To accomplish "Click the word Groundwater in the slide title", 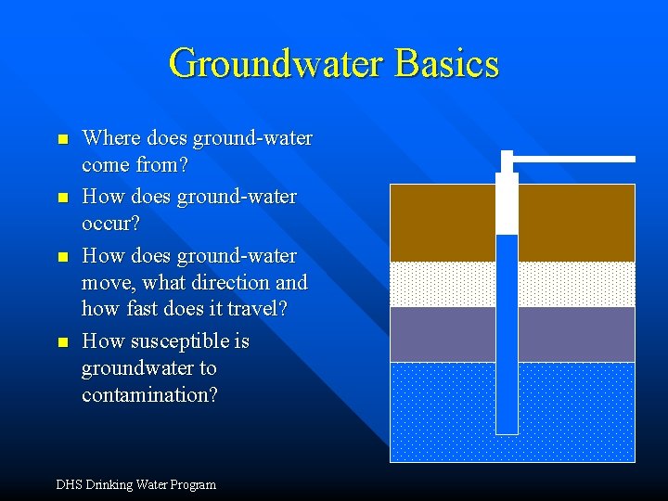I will [277, 63].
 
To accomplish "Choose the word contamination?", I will [149, 394].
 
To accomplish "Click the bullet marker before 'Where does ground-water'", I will [62, 140].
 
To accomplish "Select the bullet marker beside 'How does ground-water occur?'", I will [62, 199].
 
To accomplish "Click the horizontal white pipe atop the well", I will [575, 160].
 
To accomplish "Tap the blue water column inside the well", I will [507, 334].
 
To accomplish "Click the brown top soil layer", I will [575, 223].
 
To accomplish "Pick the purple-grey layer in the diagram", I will [575, 334].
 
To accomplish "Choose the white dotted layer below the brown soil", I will [575, 284].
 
